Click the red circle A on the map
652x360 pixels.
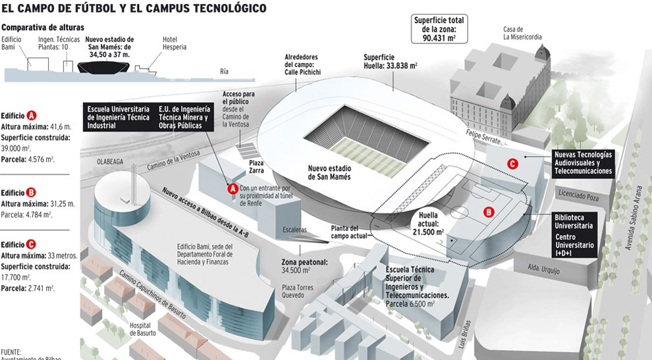232,188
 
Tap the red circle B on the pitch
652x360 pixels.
489,212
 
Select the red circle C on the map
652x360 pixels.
512,164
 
